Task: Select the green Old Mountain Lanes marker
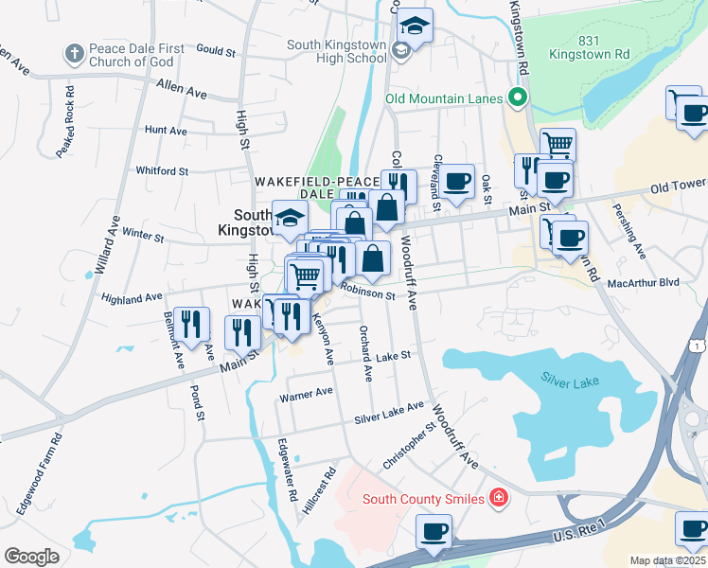517,98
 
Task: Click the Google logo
31,557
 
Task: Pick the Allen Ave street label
182,92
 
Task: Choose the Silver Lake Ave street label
389,413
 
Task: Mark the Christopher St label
408,446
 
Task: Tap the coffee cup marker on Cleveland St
456,181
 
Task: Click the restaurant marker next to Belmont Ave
192,325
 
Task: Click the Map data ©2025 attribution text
667,560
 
